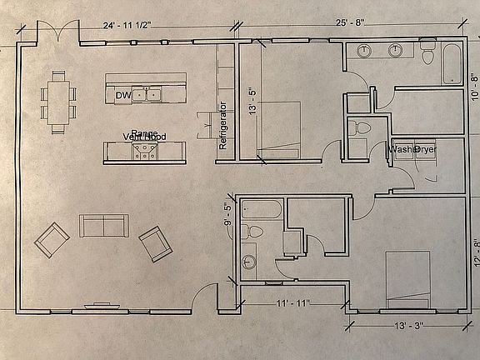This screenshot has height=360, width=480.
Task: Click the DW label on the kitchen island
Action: [x=123, y=95]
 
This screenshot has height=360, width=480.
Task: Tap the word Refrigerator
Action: [x=222, y=125]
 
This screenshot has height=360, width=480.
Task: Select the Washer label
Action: [x=401, y=149]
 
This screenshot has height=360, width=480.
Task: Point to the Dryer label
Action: [x=426, y=149]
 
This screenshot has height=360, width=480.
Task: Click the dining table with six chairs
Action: [x=58, y=101]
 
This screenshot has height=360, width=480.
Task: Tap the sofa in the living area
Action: [x=103, y=226]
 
